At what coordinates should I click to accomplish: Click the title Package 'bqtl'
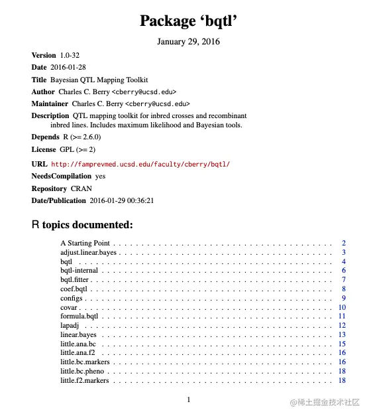188,21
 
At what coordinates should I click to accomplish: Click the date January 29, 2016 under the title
188,42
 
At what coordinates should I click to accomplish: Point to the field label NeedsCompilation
62,176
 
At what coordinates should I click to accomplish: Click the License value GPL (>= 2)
79,150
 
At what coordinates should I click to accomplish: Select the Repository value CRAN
81,188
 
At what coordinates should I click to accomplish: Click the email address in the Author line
143,92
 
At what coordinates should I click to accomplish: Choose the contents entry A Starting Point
85,244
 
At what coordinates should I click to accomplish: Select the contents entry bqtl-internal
79,271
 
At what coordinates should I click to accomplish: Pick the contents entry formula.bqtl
79,316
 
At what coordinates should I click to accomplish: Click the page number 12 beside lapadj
342,325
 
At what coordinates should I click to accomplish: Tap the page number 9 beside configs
344,298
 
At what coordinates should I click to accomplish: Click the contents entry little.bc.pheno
84,371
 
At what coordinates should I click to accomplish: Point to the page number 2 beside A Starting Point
344,244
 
